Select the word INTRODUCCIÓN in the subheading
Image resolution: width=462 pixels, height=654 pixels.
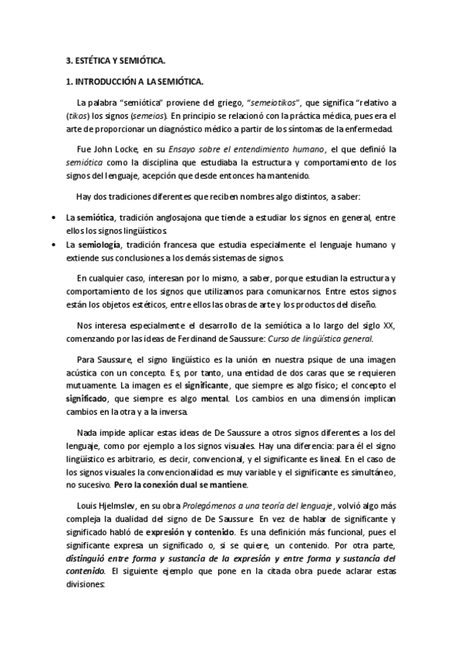(x=101, y=79)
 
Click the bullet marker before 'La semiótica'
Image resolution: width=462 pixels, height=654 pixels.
(x=52, y=219)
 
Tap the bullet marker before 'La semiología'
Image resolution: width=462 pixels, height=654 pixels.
(x=52, y=245)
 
